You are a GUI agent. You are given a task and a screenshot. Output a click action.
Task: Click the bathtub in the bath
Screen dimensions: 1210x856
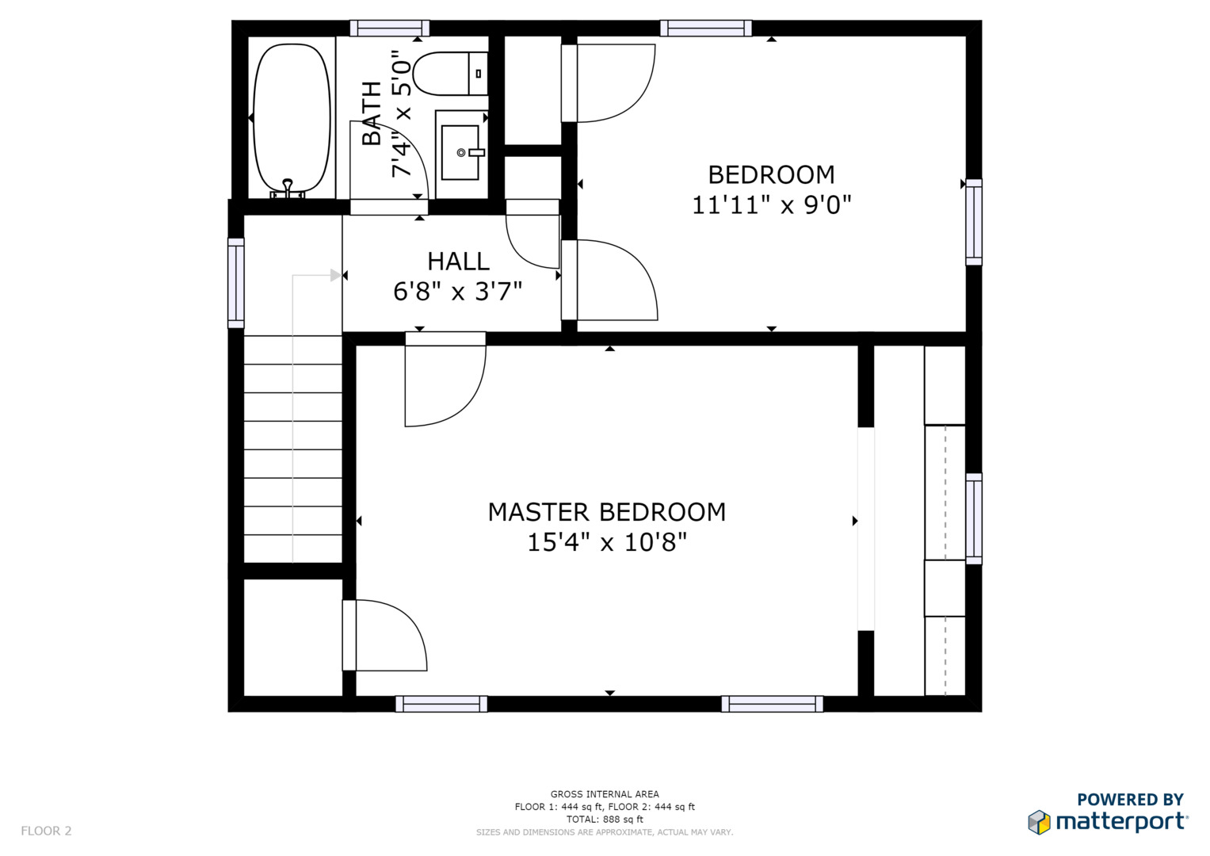pos(292,118)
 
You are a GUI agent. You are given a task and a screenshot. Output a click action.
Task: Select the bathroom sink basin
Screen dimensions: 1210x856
pos(460,153)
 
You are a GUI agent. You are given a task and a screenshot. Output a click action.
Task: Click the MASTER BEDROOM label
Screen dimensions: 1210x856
pos(607,512)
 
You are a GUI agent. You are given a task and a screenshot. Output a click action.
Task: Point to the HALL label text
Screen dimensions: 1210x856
pos(458,262)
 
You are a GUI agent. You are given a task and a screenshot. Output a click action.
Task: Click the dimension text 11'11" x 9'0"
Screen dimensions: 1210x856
pos(771,205)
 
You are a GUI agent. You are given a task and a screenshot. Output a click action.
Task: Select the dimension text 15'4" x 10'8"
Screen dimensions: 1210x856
pos(607,542)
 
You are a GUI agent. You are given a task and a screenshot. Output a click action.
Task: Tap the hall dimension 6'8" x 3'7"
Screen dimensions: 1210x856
pos(457,292)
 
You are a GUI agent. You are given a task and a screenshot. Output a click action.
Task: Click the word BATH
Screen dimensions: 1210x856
pos(372,113)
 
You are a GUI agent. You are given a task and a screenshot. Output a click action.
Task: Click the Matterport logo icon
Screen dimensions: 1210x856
pos(1039,823)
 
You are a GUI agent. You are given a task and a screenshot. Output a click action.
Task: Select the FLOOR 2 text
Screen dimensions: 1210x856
pos(47,831)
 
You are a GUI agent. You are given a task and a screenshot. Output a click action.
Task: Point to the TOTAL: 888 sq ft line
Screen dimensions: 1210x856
pos(605,820)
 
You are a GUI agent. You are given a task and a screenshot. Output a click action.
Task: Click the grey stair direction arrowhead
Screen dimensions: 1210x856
pos(336,276)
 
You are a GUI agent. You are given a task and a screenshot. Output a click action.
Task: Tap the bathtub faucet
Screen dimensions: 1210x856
pos(288,188)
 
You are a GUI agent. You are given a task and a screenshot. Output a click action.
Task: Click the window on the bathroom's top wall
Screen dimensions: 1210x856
pos(390,28)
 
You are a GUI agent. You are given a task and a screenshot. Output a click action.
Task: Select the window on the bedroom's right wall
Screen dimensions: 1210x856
pos(974,222)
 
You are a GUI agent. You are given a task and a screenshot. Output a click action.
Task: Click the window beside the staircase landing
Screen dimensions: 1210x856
pos(236,283)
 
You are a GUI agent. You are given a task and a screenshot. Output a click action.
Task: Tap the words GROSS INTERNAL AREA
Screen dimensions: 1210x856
pos(605,794)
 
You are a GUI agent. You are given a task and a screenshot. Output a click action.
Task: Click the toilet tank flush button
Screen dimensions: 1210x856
pos(478,74)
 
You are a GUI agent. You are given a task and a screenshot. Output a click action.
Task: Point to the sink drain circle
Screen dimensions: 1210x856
pos(460,153)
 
